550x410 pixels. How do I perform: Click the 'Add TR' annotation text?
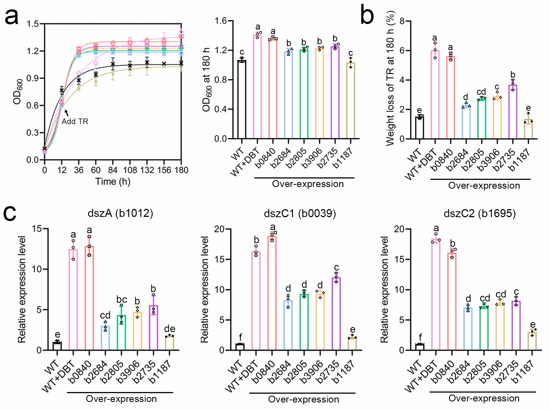pyautogui.click(x=75, y=122)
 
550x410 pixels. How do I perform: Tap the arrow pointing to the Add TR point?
pyautogui.click(x=67, y=113)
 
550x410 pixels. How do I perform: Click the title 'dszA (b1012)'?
pyautogui.click(x=120, y=213)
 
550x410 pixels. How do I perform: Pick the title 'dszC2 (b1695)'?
pyautogui.click(x=480, y=214)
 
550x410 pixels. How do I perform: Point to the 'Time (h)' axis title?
pyautogui.click(x=113, y=182)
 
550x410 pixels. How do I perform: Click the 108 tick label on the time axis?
pyautogui.click(x=130, y=170)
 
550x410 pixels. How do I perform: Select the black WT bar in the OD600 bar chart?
pyautogui.click(x=242, y=99)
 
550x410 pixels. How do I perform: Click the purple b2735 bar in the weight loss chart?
pyautogui.click(x=513, y=112)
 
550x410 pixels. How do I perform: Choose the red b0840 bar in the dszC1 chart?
pyautogui.click(x=272, y=293)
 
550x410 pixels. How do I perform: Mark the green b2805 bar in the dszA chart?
pyautogui.click(x=121, y=333)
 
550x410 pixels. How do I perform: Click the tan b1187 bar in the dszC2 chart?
pyautogui.click(x=532, y=341)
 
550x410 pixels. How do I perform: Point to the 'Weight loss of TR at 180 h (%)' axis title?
pyautogui.click(x=390, y=78)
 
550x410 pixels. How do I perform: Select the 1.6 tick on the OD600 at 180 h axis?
pyautogui.click(x=220, y=21)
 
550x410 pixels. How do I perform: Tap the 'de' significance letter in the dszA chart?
pyautogui.click(x=170, y=329)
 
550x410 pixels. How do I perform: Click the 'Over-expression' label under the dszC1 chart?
pyautogui.click(x=303, y=399)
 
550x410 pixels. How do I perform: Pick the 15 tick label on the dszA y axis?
pyautogui.click(x=37, y=228)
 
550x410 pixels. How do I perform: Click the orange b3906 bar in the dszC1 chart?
pyautogui.click(x=320, y=322)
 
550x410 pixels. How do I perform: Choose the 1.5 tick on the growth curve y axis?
pyautogui.click(x=33, y=24)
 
